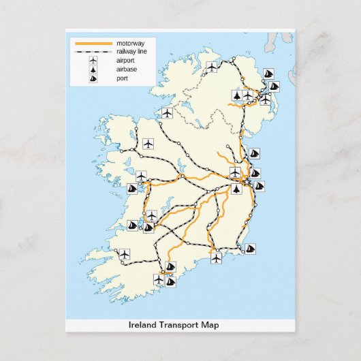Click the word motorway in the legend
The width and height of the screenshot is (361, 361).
coord(131,43)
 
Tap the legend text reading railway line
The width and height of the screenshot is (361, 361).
coord(132,52)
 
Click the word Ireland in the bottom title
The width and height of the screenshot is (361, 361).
coord(142,325)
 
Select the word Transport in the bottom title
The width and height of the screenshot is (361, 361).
coord(178,325)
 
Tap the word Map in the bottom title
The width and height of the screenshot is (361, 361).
coord(211,325)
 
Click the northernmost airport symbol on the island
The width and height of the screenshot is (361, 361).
coord(212,67)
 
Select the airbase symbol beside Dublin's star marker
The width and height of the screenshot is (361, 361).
coord(236,188)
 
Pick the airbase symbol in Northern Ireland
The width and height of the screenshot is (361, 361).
coord(236,95)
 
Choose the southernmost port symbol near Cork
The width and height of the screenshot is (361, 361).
coord(170,281)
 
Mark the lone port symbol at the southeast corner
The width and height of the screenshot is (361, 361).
coord(250,249)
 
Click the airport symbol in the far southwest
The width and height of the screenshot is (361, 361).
coord(124,254)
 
